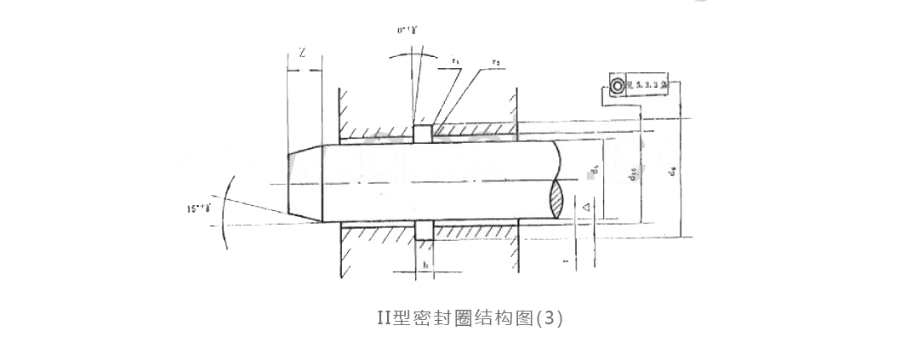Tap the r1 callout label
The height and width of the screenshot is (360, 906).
pos(457,61)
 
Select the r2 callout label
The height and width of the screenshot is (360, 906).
pos(495,61)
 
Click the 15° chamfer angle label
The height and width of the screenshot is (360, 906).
pos(202,207)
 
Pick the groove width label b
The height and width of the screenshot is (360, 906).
pos(425,265)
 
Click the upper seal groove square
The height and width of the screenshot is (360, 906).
pos(422,134)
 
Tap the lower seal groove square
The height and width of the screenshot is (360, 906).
pos(423,230)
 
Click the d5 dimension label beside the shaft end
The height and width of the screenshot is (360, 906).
pos(594,174)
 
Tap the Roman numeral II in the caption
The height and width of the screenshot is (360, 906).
pos(384,318)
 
